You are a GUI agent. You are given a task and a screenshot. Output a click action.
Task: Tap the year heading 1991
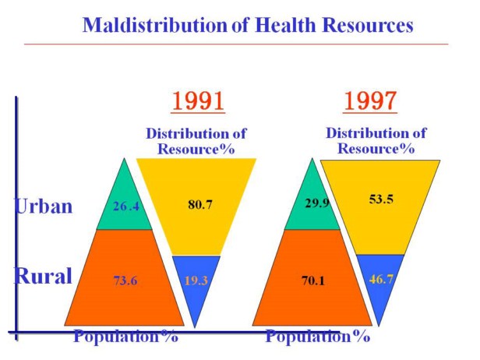[x=198, y=102]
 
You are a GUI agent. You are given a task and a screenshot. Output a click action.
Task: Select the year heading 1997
[x=370, y=102]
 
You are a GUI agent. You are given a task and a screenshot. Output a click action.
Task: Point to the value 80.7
[x=199, y=206]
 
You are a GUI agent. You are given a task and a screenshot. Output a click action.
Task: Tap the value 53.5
[x=381, y=199]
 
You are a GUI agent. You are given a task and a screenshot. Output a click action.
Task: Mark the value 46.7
[x=379, y=278]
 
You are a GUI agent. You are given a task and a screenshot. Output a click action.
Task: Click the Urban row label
[x=44, y=206]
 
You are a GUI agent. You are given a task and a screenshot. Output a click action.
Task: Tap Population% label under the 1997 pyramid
[x=317, y=337]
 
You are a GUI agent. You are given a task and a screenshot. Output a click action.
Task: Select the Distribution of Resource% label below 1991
[x=196, y=141]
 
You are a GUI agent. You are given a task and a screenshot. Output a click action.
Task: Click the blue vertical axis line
[x=16, y=210]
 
